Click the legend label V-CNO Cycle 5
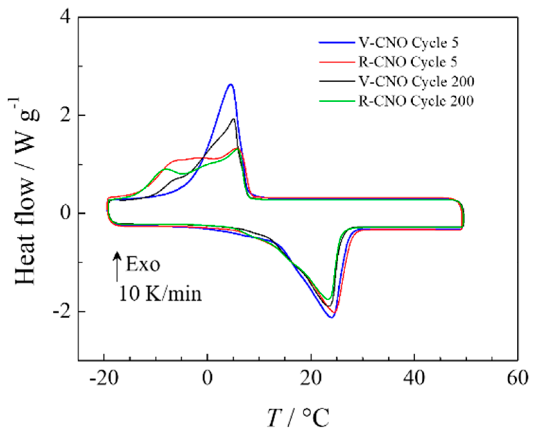(408, 43)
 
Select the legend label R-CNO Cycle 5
(408, 62)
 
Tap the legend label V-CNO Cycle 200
(416, 82)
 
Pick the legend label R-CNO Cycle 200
(416, 101)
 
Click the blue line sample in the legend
(337, 43)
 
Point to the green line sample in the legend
(337, 101)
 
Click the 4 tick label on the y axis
(65, 17)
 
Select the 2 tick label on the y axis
(65, 115)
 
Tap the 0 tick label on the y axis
(65, 213)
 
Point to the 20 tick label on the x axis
(311, 378)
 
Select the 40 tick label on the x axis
(414, 378)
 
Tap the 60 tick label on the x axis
(517, 378)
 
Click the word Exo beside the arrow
(143, 265)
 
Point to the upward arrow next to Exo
(117, 266)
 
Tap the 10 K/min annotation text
(160, 294)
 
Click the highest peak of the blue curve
(230, 84)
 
